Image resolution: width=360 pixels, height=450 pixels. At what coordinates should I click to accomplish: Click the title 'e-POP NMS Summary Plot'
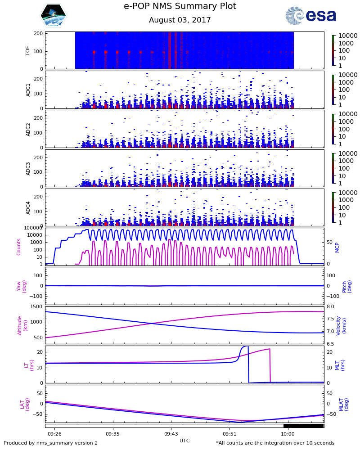[x=180, y=6]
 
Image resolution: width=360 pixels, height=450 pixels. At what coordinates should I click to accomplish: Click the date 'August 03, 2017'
[x=180, y=20]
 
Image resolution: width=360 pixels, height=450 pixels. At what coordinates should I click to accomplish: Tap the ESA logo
[x=310, y=16]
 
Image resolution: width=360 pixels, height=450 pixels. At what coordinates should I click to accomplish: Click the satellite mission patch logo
[x=54, y=16]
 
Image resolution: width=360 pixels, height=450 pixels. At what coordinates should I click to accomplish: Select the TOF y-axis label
[x=28, y=50]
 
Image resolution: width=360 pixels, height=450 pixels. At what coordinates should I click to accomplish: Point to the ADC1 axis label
[x=28, y=90]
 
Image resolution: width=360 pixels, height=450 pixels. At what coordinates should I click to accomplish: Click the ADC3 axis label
[x=28, y=168]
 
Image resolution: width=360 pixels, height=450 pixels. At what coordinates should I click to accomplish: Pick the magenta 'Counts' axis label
[x=19, y=247]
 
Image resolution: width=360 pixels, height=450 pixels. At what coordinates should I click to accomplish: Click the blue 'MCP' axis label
[x=337, y=247]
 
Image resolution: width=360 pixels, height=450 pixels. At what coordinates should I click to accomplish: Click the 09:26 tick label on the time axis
[x=55, y=434]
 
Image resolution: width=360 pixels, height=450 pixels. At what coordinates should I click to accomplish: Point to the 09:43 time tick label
[x=171, y=434]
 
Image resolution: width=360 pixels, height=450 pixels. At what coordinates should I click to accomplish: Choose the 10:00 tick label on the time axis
[x=288, y=434]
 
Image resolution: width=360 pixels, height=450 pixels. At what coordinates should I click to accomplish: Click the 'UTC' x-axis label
[x=184, y=441]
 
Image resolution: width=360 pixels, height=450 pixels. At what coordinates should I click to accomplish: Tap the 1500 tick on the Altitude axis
[x=36, y=307]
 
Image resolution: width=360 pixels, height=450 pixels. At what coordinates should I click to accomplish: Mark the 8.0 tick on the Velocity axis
[x=330, y=307]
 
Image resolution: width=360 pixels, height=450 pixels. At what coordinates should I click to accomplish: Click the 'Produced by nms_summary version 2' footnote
[x=50, y=443]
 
